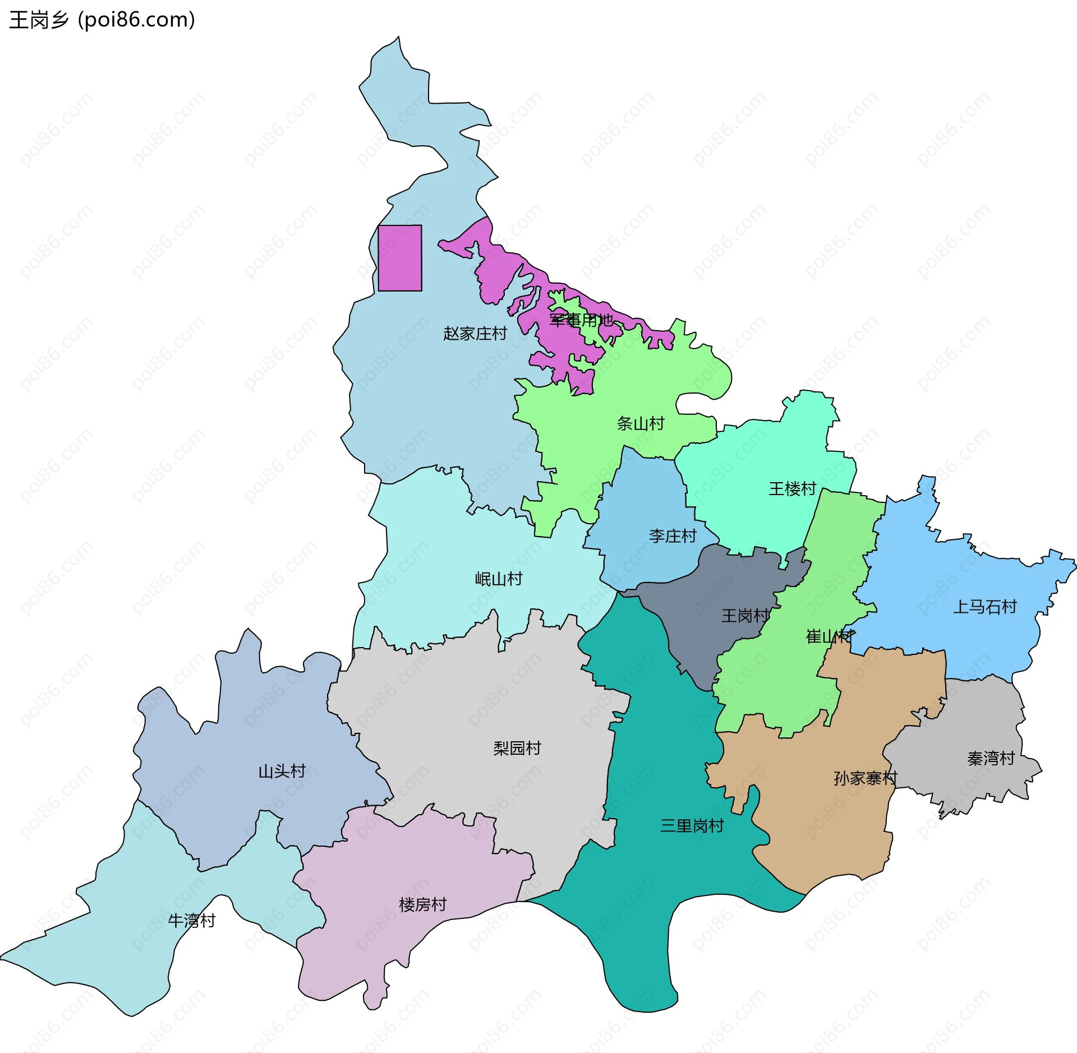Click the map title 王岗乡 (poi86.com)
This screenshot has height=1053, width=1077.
(102, 20)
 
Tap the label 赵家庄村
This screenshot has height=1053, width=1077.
(475, 334)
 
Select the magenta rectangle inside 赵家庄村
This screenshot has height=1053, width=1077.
(400, 258)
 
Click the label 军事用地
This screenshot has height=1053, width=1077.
(581, 320)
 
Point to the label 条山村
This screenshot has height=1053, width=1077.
(641, 423)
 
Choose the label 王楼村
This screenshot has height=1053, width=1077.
(792, 488)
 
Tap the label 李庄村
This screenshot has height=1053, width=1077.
(673, 536)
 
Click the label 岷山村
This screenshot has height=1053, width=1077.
(499, 579)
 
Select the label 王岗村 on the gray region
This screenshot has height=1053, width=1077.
(745, 616)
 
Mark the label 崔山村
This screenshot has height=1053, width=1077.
(829, 636)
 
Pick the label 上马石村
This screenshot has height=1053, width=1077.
(985, 607)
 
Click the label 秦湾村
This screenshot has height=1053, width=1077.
(991, 759)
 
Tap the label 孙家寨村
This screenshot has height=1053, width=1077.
(866, 778)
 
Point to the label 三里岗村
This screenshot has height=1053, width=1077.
(692, 826)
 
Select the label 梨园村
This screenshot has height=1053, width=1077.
(517, 748)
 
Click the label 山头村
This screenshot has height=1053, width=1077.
(282, 772)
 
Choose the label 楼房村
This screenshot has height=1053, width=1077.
(422, 904)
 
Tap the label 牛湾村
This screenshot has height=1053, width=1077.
(192, 921)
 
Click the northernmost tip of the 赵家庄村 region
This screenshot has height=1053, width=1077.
(398, 38)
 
